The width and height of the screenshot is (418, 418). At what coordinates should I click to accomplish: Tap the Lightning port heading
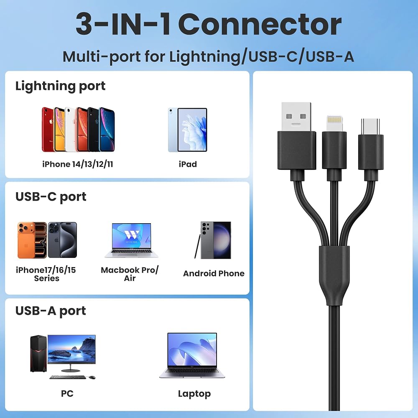(60, 86)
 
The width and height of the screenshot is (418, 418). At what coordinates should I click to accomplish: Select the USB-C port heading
(51, 197)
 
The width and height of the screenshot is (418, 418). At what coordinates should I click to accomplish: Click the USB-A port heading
(51, 311)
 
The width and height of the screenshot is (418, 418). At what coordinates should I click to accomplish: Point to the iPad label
(188, 164)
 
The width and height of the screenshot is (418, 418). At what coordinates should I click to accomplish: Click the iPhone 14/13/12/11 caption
(78, 164)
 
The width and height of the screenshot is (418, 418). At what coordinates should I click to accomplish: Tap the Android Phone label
(214, 273)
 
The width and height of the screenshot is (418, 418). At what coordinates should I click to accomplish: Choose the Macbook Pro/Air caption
(130, 274)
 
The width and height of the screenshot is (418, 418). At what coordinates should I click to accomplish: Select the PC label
(67, 393)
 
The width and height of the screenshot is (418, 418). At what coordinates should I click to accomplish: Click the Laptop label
(194, 394)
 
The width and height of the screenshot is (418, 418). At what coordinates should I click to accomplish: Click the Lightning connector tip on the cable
(334, 123)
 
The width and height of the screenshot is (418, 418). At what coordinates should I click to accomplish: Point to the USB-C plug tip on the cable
(370, 127)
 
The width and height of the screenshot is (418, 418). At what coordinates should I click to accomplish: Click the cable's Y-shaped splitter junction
(334, 275)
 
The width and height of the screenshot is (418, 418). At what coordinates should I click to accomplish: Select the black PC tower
(38, 353)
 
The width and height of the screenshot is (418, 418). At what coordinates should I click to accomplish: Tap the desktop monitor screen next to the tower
(71, 349)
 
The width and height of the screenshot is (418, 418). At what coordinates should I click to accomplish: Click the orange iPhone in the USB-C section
(32, 240)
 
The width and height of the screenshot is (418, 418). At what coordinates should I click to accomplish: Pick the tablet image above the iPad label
(188, 130)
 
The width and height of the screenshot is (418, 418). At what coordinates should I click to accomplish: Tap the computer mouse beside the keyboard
(92, 377)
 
